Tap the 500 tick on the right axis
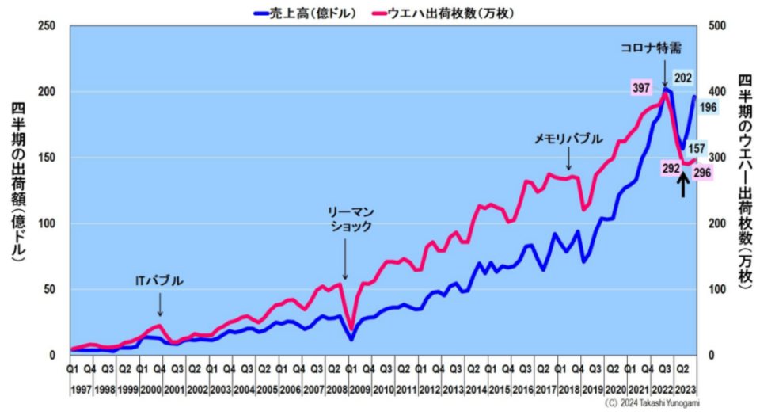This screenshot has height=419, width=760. pyautogui.click(x=718, y=26)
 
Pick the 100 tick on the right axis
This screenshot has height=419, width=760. pyautogui.click(x=718, y=289)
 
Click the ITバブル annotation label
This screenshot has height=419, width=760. pyautogui.click(x=159, y=280)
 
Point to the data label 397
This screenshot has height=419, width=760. pyautogui.click(x=641, y=88)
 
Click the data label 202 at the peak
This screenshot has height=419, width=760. pyautogui.click(x=683, y=78)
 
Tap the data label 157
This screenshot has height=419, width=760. pyautogui.click(x=696, y=148)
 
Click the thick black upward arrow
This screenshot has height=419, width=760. pyautogui.click(x=683, y=184)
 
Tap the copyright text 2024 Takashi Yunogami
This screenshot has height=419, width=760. pyautogui.click(x=652, y=404)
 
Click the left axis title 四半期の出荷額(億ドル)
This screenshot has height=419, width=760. pyautogui.click(x=17, y=182)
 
